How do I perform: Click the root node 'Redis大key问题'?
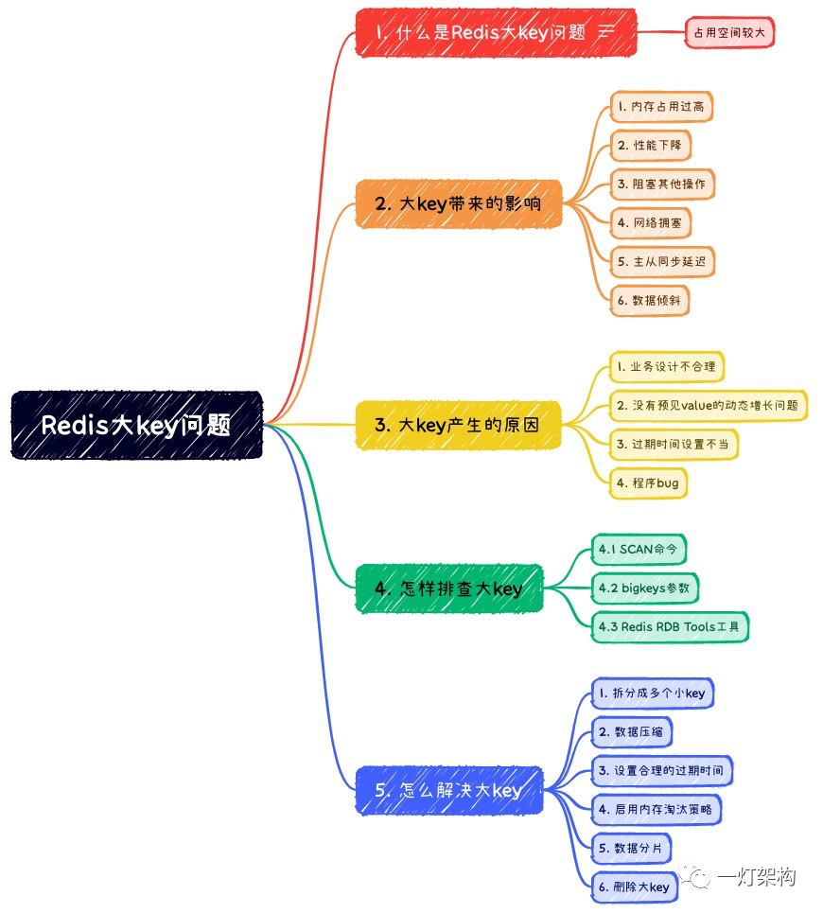(136, 425)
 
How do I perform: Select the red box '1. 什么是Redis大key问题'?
(496, 32)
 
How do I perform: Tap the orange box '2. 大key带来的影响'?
(459, 202)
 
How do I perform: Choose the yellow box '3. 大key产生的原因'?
(458, 425)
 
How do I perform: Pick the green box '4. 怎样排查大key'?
(449, 588)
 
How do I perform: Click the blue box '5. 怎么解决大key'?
(449, 790)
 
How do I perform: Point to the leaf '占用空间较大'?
(729, 32)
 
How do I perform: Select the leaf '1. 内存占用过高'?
(660, 107)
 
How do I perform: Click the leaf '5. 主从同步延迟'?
(661, 261)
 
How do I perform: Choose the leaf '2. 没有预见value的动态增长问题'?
(708, 405)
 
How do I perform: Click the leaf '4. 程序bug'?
(647, 483)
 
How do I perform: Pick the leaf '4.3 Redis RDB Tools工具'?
(670, 626)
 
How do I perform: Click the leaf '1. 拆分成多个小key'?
(652, 694)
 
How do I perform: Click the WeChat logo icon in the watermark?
(701, 877)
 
